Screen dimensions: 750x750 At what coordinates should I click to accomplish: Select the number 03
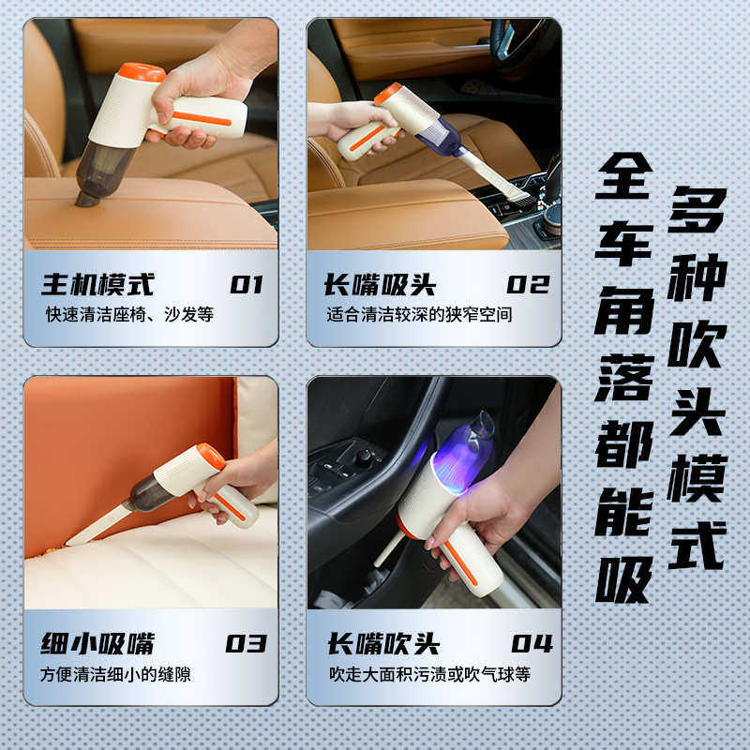(247, 644)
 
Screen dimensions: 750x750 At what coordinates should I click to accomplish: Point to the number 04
(532, 644)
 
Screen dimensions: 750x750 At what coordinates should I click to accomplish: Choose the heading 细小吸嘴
(97, 644)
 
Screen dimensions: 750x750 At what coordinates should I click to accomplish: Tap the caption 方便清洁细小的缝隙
(115, 674)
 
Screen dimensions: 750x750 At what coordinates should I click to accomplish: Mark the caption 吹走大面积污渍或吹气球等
(429, 674)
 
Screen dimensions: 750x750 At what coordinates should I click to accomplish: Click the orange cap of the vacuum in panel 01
(142, 71)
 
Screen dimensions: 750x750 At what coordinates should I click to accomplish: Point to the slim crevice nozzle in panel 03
(98, 523)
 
